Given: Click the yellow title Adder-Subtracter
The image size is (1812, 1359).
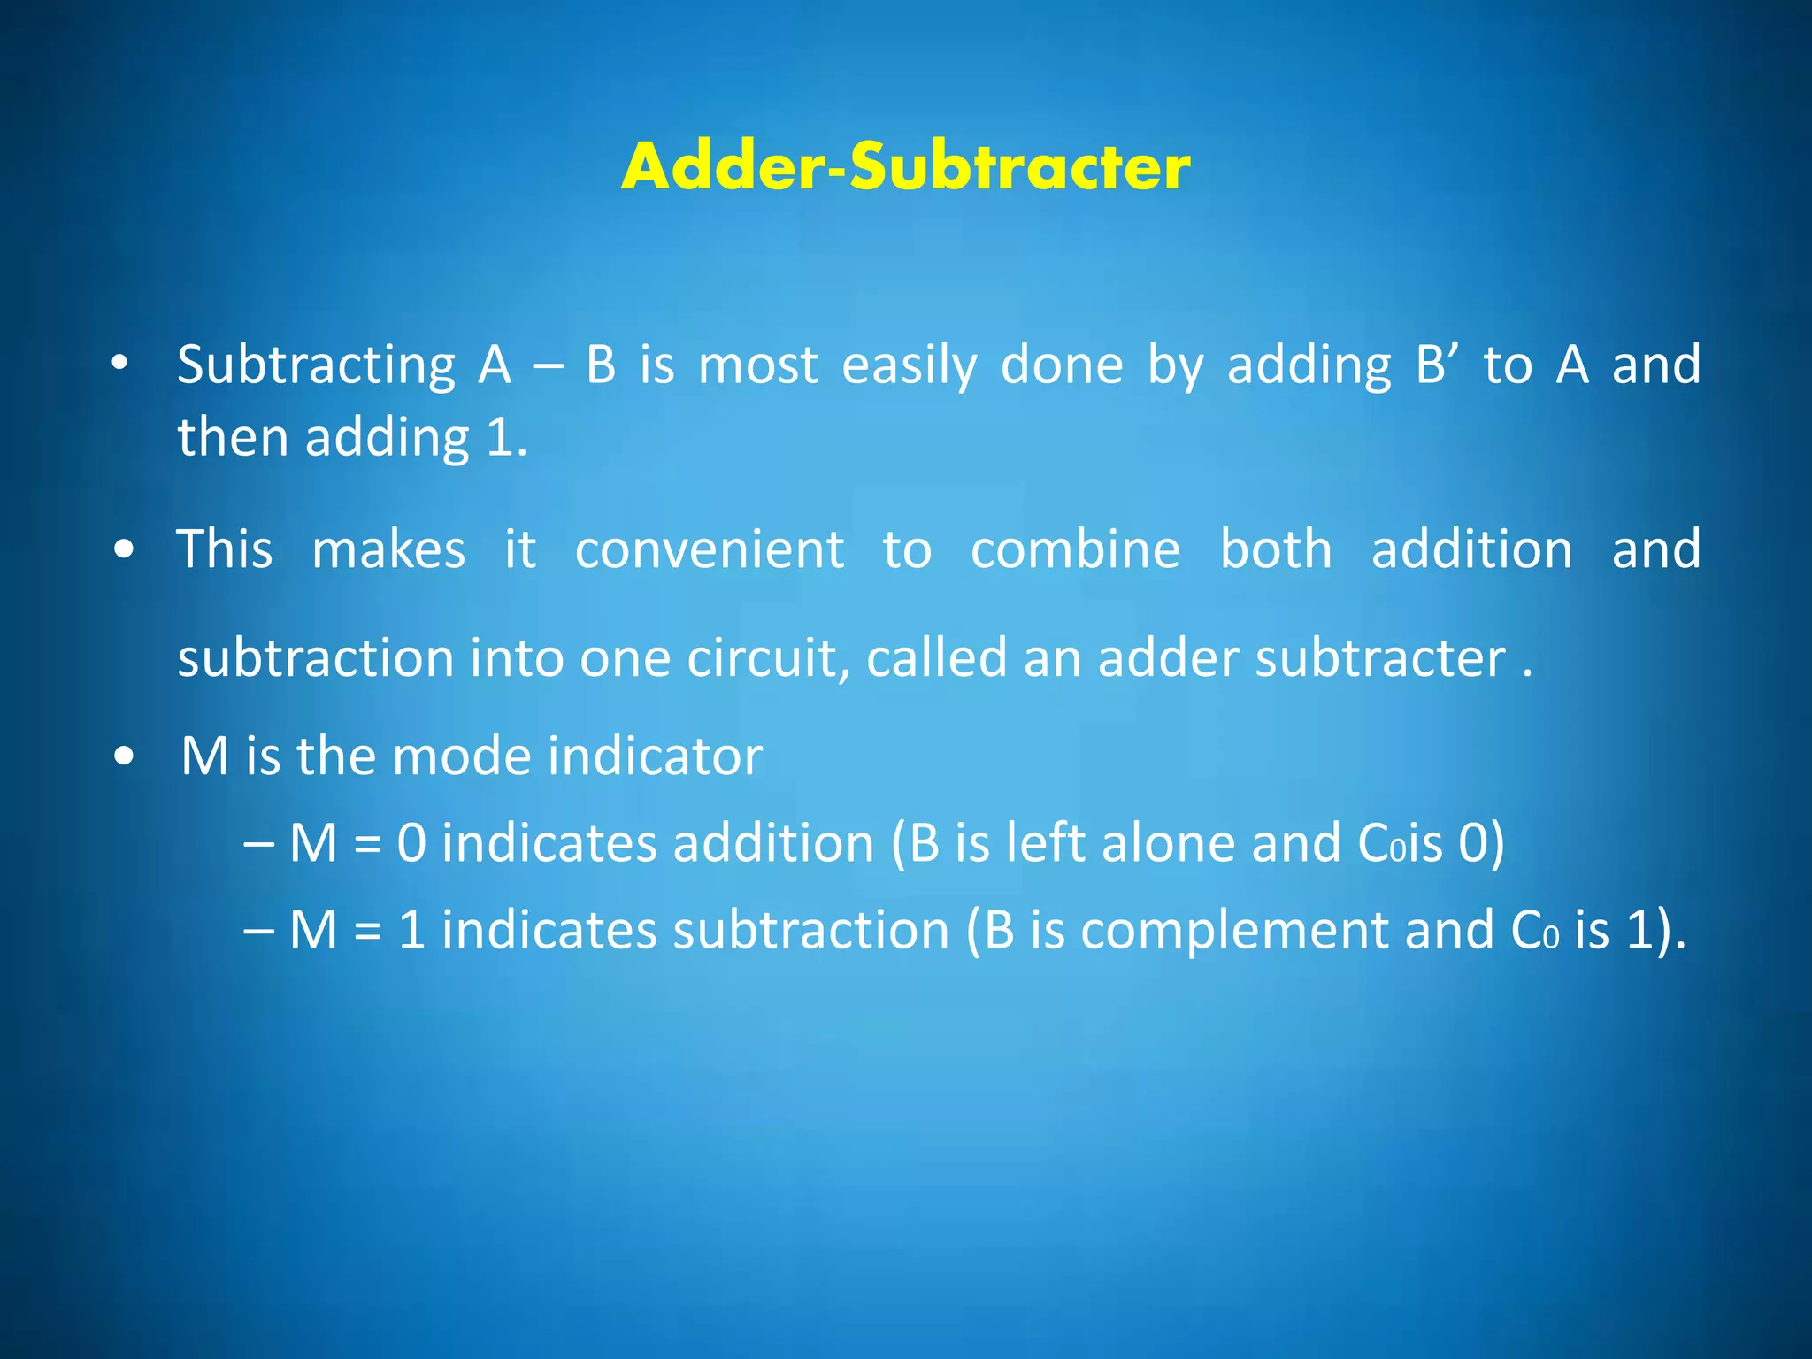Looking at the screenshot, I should click(905, 167).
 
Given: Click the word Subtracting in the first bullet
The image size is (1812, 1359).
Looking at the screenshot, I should click(316, 366).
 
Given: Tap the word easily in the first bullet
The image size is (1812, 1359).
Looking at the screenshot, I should click(909, 366).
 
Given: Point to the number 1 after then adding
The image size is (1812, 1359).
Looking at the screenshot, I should click(500, 439).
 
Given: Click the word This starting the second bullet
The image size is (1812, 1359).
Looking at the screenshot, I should click(225, 550).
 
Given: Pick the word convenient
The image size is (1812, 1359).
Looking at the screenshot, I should click(710, 550).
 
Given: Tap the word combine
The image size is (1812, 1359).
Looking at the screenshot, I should click(1075, 550).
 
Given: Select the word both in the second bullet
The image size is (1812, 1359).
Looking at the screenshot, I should click(1276, 550).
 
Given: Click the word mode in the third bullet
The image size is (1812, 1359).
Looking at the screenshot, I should click(461, 757).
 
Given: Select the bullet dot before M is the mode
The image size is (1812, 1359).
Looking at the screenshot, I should click(125, 757).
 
